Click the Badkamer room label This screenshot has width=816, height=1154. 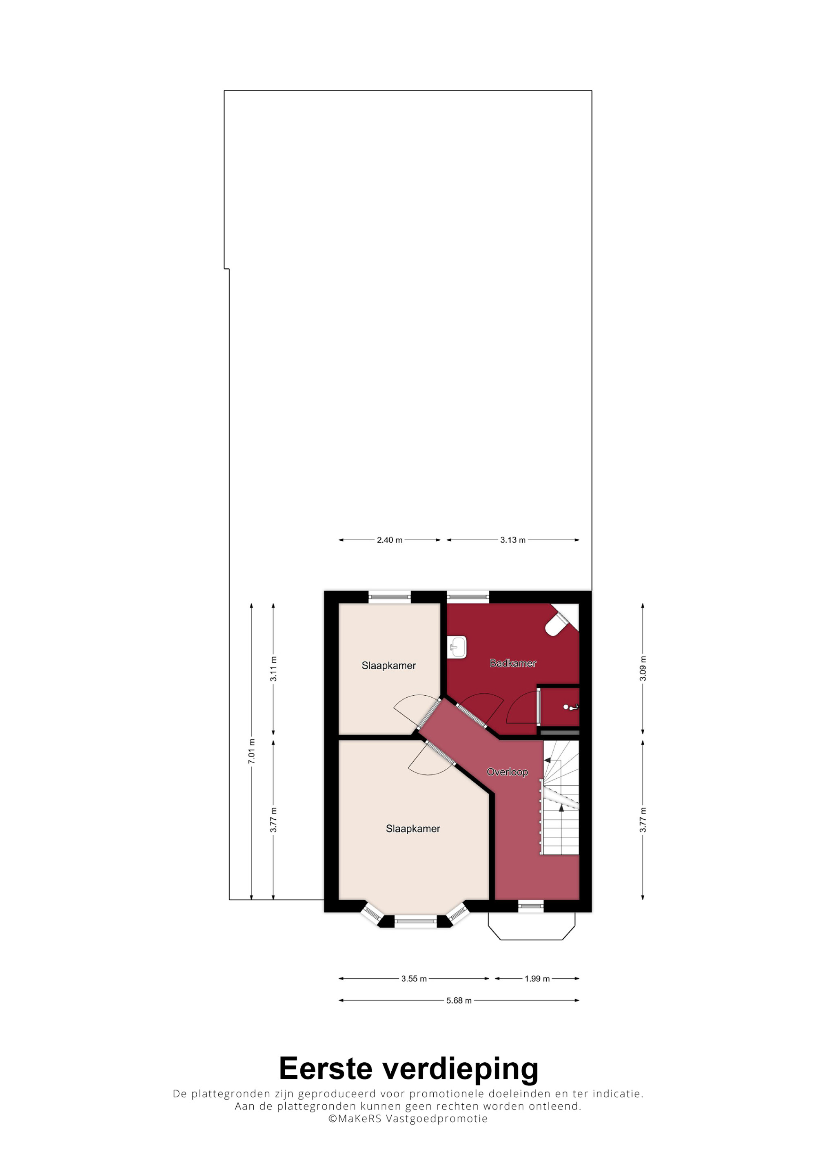point(512,663)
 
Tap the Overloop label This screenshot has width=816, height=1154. point(507,772)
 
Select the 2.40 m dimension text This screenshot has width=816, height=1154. point(390,540)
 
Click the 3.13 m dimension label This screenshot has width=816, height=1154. point(512,540)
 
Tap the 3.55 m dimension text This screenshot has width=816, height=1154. point(414,979)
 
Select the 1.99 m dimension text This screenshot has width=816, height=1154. point(537,979)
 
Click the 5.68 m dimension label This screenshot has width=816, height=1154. point(459,1001)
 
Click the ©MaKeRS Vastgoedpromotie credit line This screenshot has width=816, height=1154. point(408,1119)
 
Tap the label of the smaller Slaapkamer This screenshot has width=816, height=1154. point(389,665)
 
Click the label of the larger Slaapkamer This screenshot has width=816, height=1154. point(413,829)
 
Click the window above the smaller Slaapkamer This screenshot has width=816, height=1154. point(390,597)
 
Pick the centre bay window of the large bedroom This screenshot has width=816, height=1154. point(415,921)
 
